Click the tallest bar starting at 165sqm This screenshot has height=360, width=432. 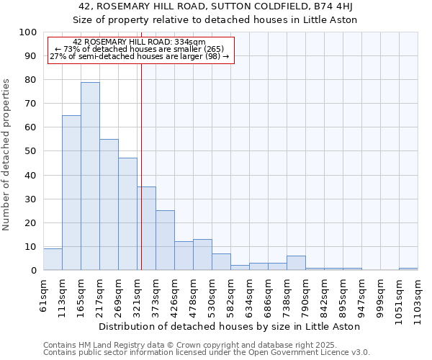[90, 176]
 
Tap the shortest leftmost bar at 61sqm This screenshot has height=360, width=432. [53, 259]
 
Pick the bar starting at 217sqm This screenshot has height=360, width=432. [109, 204]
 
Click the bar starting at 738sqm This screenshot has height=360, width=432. [296, 263]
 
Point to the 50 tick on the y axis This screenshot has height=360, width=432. [30, 151]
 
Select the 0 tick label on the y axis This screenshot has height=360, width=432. [33, 270]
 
